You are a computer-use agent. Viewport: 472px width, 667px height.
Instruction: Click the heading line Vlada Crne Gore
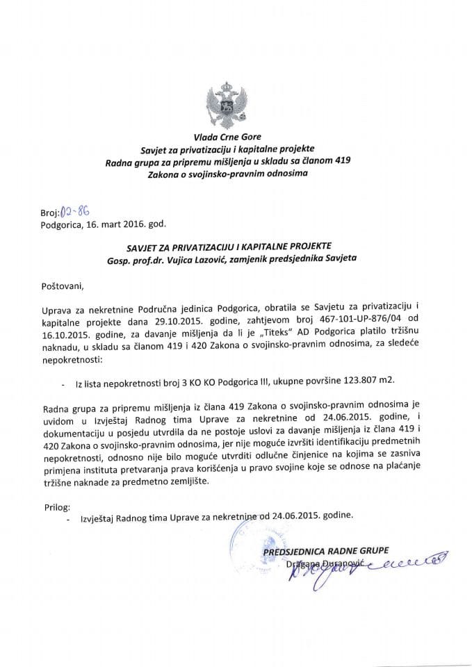[x=236, y=138]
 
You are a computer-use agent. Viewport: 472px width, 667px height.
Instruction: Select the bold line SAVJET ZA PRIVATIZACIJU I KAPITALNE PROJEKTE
[x=236, y=247]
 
